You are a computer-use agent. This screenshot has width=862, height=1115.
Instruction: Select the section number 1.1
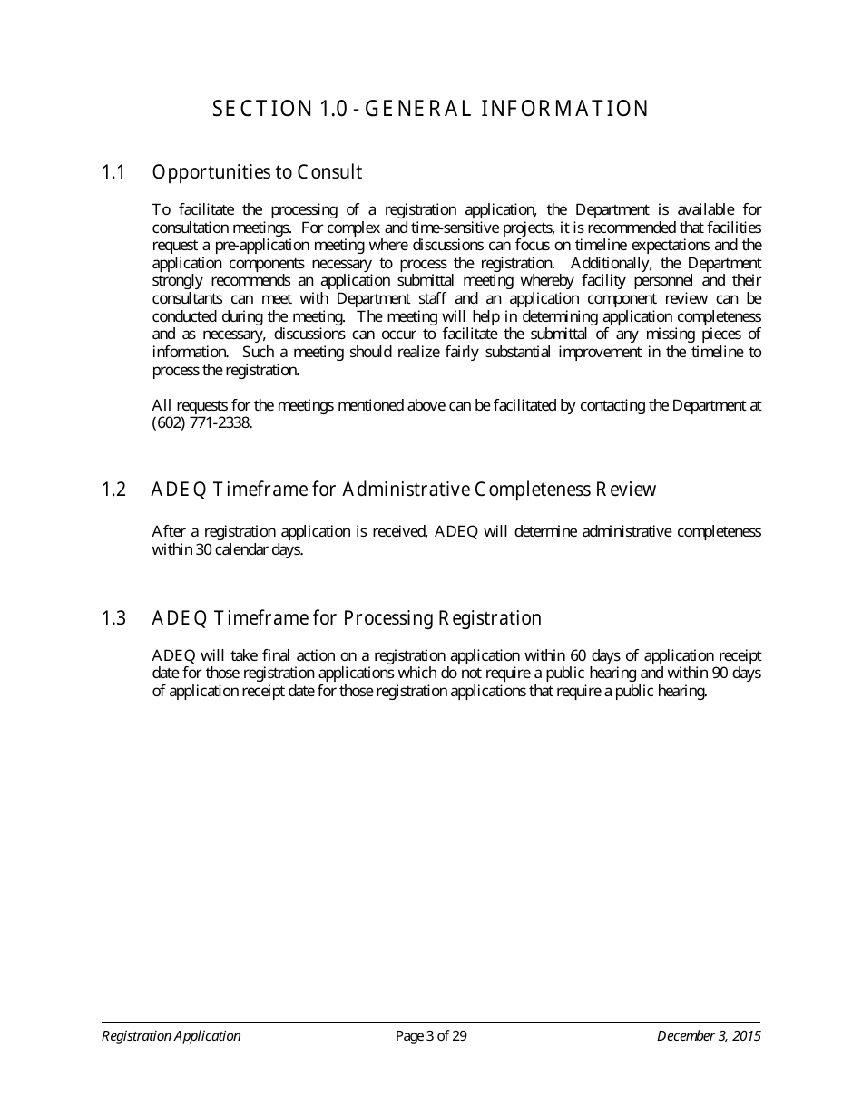[x=113, y=172]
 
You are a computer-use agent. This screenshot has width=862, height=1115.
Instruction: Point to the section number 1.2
[x=113, y=490]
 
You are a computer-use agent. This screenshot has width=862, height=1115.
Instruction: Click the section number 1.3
[x=113, y=619]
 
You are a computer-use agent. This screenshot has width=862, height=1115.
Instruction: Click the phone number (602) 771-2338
[x=201, y=423]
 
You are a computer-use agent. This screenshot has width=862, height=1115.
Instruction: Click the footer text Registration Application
[x=171, y=1036]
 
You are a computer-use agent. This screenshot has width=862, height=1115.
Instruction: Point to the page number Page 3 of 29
[x=431, y=1036]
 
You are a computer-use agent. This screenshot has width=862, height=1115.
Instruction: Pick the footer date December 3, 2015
[x=709, y=1036]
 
